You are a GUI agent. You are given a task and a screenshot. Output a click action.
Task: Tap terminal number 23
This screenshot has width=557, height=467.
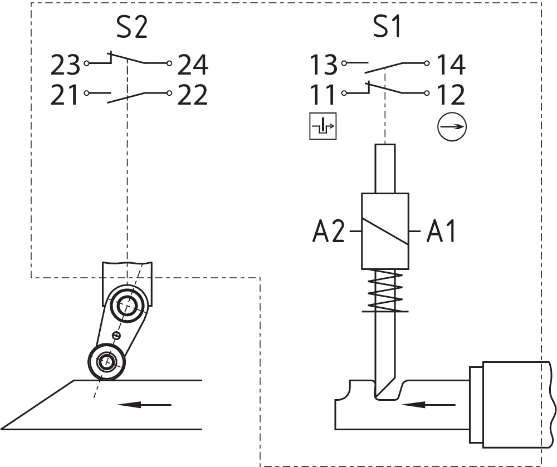click(65, 66)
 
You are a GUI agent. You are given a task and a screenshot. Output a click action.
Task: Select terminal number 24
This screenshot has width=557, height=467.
click(193, 66)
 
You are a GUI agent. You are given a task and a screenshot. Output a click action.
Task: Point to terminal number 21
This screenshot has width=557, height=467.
click(65, 95)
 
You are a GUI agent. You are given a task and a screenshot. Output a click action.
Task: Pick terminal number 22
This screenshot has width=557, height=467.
click(193, 95)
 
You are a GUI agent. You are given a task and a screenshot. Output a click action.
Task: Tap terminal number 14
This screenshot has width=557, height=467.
click(451, 66)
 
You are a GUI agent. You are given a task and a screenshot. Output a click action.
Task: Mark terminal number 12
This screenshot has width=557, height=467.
click(451, 95)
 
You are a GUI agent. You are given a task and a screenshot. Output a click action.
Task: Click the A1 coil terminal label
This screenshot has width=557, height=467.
click(441, 231)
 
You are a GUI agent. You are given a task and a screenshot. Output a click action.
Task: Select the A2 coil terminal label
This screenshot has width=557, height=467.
click(329, 231)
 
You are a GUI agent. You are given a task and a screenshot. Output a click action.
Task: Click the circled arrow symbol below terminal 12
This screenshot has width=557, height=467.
click(451, 127)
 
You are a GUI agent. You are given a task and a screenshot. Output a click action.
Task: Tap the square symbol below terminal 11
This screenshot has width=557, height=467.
click(323, 126)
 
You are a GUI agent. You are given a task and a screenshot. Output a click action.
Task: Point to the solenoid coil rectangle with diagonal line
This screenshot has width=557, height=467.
click(385, 230)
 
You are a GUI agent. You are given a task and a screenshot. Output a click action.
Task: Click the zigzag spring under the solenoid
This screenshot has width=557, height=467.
click(385, 290)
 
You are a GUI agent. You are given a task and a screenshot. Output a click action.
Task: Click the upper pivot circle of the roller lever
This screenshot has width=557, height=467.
click(128, 305)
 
